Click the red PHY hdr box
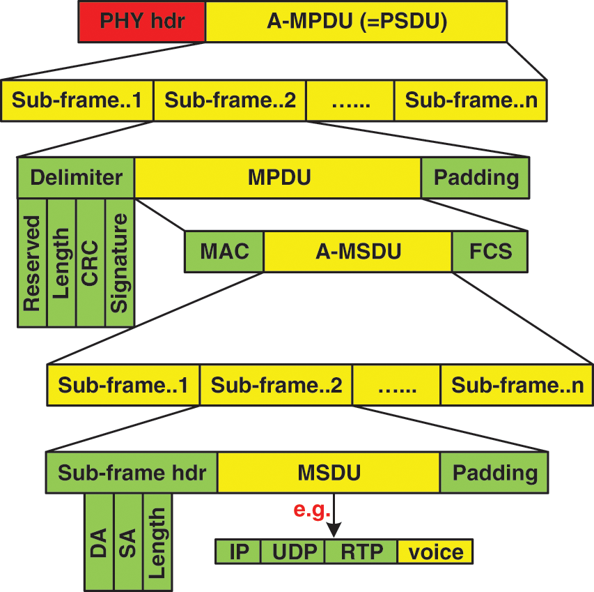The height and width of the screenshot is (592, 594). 142,21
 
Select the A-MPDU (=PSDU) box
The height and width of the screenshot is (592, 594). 356,21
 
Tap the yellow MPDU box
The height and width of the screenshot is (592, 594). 278,178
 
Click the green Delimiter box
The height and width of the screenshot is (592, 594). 76,178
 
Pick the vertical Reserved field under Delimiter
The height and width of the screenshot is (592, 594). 32,262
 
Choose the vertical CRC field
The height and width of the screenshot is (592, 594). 91,262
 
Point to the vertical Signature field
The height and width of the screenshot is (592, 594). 120,262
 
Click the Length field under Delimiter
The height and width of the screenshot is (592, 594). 61,262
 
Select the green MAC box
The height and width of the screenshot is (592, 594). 224,252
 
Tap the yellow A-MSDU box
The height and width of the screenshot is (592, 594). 358,252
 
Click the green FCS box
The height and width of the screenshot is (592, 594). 490,252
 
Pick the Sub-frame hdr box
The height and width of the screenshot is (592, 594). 132,473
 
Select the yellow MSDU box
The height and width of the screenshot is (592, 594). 329,473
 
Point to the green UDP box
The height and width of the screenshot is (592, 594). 292,552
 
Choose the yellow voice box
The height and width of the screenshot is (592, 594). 435,552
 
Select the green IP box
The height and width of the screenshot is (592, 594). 238,552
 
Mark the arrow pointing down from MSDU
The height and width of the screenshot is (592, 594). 334,516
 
